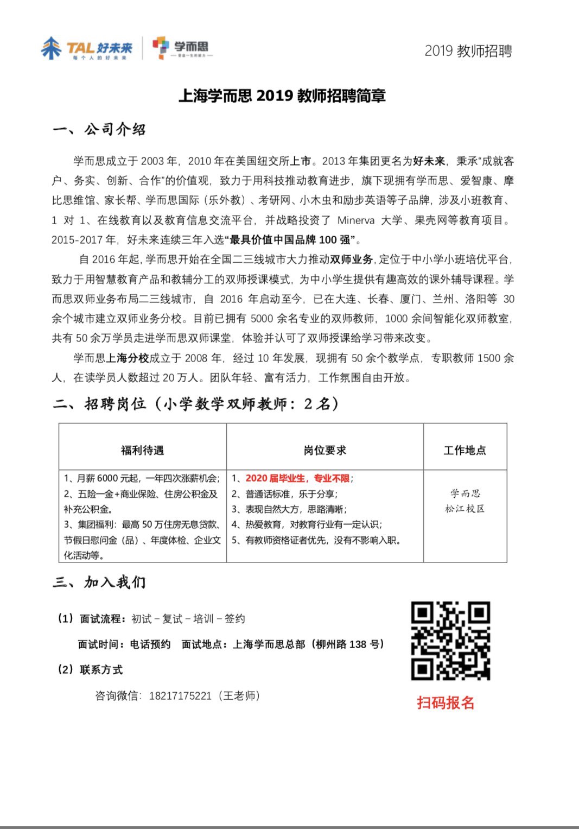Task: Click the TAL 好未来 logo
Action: click(x=87, y=49)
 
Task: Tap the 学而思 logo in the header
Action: click(x=182, y=48)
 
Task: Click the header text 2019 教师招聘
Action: click(x=468, y=51)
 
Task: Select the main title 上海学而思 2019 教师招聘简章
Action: click(x=282, y=96)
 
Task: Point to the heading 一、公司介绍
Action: click(x=100, y=129)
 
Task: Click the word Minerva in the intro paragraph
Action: click(x=356, y=220)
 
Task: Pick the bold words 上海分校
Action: click(x=128, y=358)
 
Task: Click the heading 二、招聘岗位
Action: click(x=100, y=404)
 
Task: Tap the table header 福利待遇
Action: click(x=142, y=450)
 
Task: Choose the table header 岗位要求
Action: click(x=325, y=450)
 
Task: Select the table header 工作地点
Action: click(x=465, y=450)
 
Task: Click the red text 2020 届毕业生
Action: click(x=275, y=478)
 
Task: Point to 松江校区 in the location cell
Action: click(x=465, y=509)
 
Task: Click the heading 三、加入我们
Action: click(x=100, y=583)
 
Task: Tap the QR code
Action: click(x=450, y=641)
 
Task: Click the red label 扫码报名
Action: click(x=446, y=703)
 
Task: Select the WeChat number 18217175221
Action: click(x=180, y=696)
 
